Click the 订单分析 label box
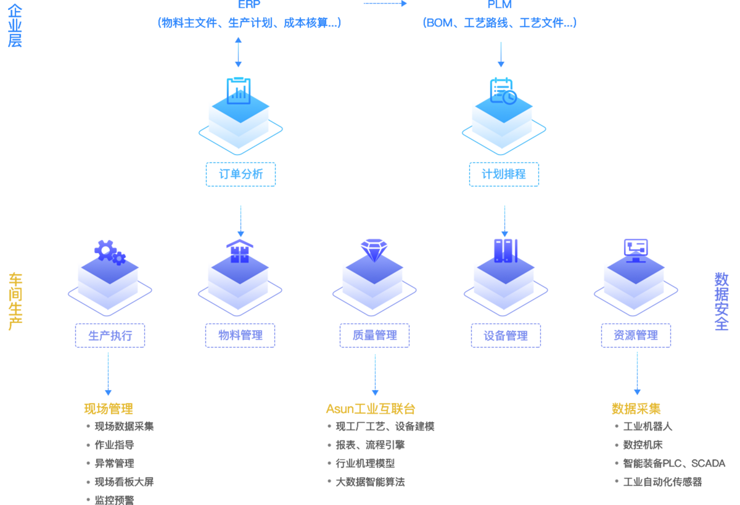[x=240, y=174]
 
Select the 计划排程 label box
[x=504, y=174]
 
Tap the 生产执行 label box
[x=110, y=336]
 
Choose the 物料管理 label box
[x=240, y=336]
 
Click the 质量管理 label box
[x=374, y=336]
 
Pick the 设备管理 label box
[x=506, y=336]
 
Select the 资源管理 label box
[x=636, y=336]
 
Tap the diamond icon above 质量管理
[x=374, y=249]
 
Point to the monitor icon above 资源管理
[x=636, y=249]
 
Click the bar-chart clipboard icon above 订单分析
[x=239, y=91]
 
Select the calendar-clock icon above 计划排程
[x=503, y=91]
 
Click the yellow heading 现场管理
[x=109, y=409]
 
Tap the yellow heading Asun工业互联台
[x=371, y=409]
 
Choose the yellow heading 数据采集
[x=636, y=409]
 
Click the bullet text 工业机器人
[x=647, y=427]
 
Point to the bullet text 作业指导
[x=114, y=445]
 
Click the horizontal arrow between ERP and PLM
[x=385, y=4]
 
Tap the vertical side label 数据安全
[x=721, y=301]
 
